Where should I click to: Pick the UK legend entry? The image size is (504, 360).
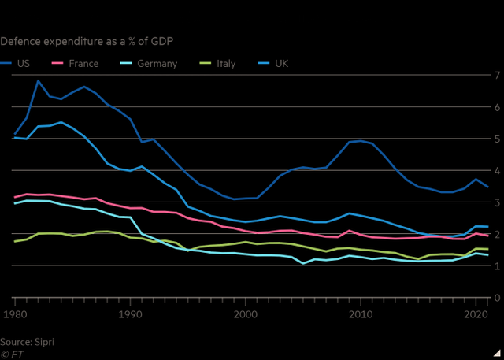click(279, 62)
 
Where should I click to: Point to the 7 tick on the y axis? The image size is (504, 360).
click(497, 75)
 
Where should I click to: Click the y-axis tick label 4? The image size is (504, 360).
click(497, 170)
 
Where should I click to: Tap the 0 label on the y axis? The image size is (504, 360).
click(497, 298)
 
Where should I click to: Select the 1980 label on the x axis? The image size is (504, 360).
click(14, 314)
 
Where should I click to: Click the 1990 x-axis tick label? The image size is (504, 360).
click(130, 314)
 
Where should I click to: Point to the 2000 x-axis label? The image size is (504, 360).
click(246, 314)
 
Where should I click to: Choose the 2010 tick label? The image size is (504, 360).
click(361, 314)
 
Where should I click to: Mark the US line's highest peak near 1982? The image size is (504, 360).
click(37, 80)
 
